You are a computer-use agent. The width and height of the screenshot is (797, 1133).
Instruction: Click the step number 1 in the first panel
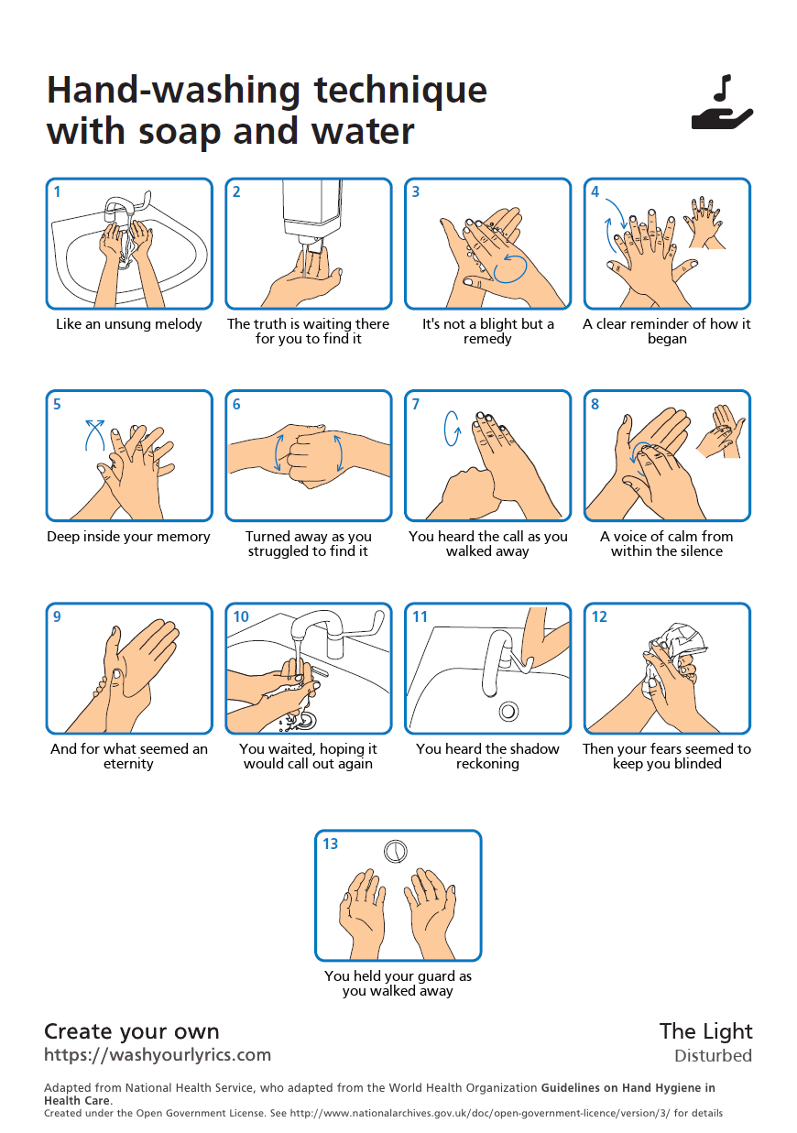(57, 191)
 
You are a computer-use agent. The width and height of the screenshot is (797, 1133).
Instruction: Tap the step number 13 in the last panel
(331, 844)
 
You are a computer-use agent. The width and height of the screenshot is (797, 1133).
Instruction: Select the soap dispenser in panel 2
(311, 215)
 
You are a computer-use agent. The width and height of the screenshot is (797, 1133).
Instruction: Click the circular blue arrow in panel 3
(510, 268)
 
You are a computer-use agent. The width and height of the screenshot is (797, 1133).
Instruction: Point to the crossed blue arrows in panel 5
(94, 435)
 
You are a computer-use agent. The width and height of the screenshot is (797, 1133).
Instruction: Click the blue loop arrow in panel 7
(453, 429)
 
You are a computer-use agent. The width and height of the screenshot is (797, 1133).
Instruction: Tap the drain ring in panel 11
(508, 712)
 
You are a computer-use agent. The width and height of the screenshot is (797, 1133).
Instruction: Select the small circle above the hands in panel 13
(395, 851)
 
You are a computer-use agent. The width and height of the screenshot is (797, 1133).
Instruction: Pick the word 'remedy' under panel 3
(487, 339)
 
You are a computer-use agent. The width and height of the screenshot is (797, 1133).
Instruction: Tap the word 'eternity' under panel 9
(128, 764)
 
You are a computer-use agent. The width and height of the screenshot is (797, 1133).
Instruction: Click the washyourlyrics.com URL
(158, 1054)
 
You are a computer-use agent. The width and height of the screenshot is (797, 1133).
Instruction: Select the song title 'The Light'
(706, 1031)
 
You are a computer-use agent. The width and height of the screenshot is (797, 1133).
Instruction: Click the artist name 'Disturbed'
(713, 1056)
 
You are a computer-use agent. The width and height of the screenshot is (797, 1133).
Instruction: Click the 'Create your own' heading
(132, 1031)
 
